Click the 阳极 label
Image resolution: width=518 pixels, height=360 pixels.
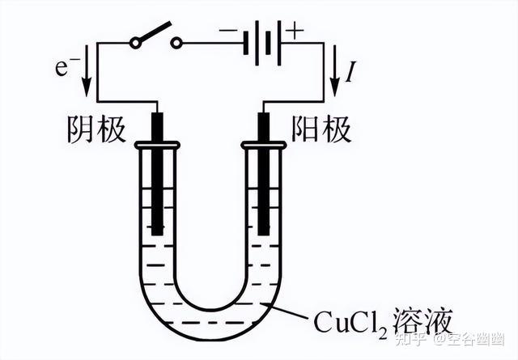322,130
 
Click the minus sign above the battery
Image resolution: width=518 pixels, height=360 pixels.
231,32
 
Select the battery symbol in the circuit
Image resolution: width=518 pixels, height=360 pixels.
263,43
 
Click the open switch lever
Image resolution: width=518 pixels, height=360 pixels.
154,31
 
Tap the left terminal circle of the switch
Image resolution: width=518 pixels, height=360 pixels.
134,43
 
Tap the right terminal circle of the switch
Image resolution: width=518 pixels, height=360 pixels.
176,43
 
